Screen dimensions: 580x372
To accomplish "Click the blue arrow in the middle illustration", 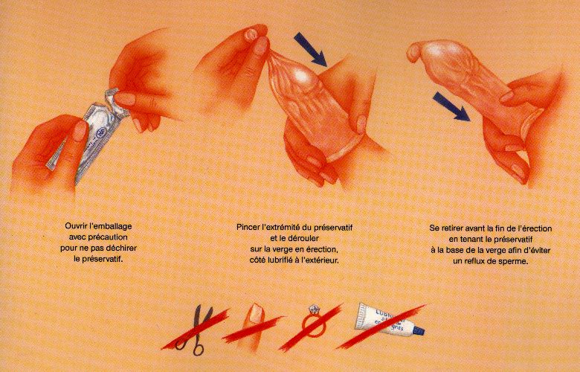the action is point(311,49).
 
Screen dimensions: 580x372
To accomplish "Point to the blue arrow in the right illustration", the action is point(451,106).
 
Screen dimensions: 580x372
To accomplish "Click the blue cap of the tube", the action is point(419,331).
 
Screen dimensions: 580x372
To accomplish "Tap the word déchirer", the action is point(123,248).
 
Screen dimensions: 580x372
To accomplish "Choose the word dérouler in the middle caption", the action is point(303,237).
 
